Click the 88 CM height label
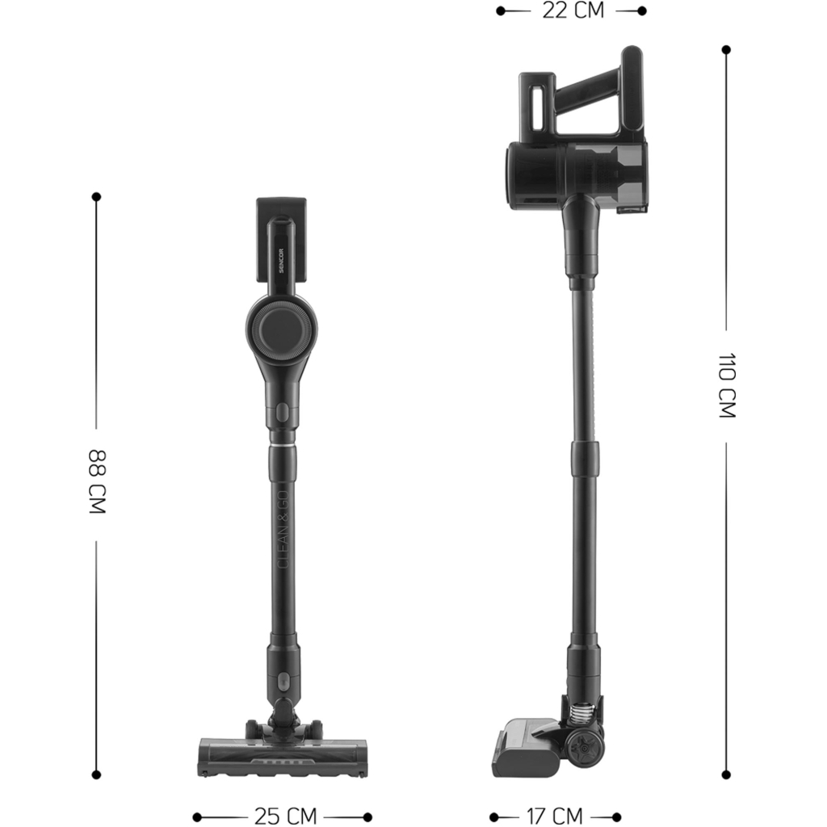point(97,481)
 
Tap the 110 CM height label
point(728,385)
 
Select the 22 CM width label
point(573,10)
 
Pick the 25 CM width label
point(285,817)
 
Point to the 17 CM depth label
point(555,817)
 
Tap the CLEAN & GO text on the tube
point(283,530)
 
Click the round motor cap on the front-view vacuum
point(281,330)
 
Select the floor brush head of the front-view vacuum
point(282,756)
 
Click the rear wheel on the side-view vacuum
point(585,749)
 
